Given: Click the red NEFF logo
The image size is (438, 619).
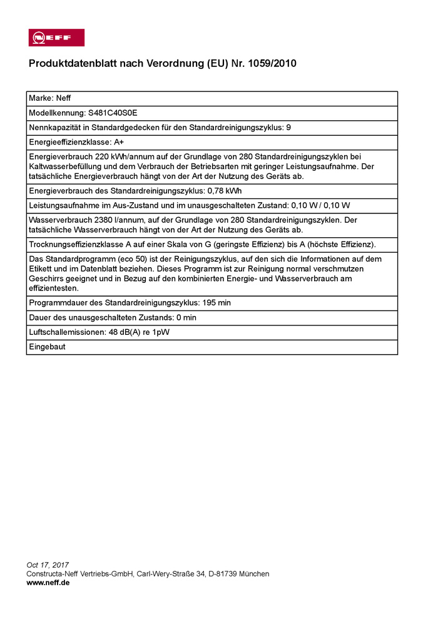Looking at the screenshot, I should [56, 38].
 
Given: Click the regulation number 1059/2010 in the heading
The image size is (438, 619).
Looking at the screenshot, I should [273, 63].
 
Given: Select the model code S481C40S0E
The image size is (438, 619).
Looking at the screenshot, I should [113, 113].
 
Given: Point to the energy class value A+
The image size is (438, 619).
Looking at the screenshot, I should [119, 142].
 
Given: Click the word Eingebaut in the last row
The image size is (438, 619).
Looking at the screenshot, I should [47, 347].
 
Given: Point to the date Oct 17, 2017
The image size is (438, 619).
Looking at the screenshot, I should [48, 565].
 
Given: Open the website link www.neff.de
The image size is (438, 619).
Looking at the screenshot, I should [48, 583].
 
